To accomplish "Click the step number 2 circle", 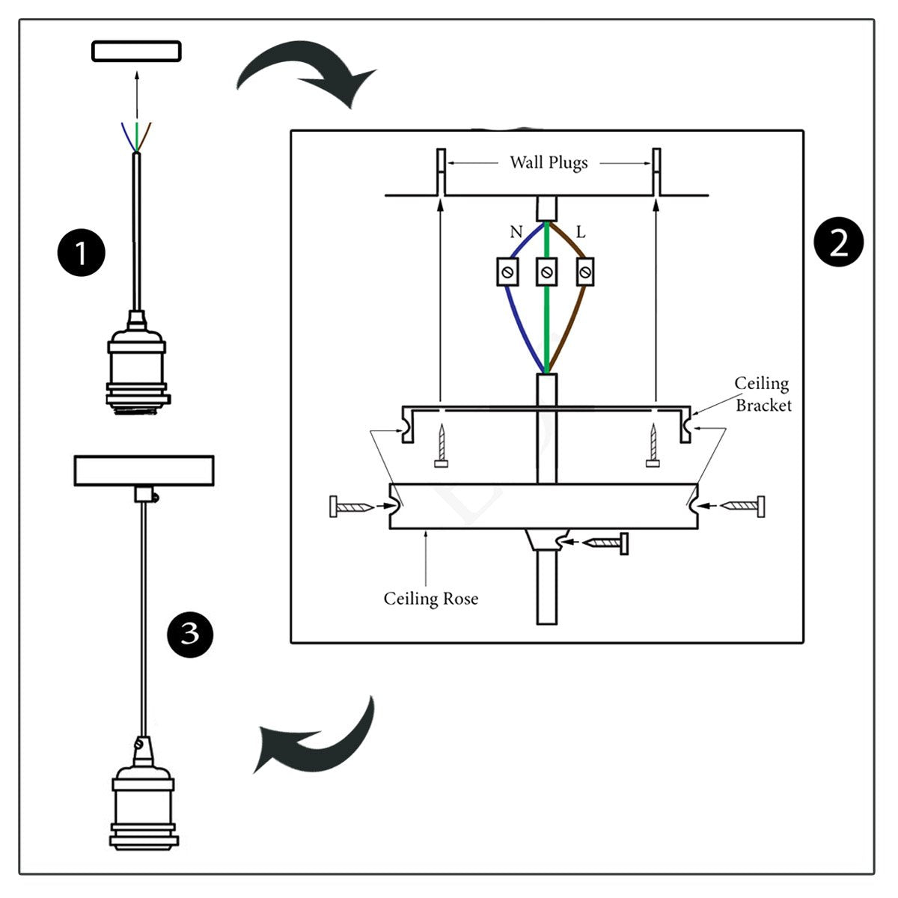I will coord(838,243).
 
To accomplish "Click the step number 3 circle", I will coord(190,634).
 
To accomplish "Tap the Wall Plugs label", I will coord(549,162).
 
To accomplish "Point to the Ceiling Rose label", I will coord(431,599).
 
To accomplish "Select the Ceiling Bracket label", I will coord(763,394).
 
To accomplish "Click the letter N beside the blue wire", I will coord(516,232).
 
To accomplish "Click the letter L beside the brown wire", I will coord(580,232).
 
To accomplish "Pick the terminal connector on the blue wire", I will coord(509,272).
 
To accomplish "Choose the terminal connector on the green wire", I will coord(547,272).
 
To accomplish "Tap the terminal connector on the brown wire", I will coord(585,272).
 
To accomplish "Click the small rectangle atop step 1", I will coord(136,51).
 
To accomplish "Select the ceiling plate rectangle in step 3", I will coord(144,471).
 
